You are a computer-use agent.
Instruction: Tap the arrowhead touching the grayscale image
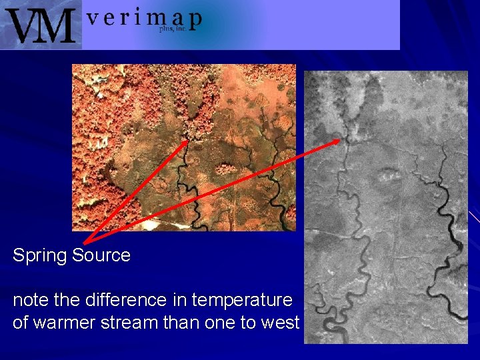pos(336,141)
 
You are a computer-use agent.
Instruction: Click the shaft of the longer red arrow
pos(213,191)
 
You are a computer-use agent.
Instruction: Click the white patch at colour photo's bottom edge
pos(152,226)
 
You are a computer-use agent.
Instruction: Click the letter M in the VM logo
pos(57,25)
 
